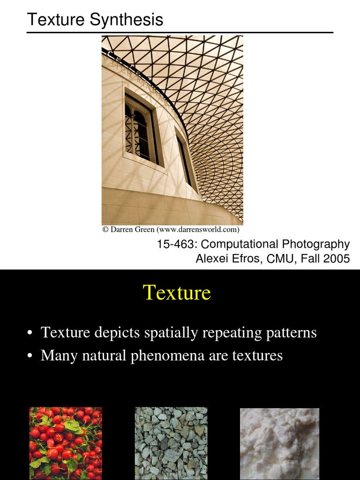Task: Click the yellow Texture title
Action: (177, 292)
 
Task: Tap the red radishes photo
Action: (66, 442)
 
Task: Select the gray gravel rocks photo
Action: (171, 442)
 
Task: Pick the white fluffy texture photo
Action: (279, 442)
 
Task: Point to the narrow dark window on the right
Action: (184, 159)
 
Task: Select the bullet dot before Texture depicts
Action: (30, 333)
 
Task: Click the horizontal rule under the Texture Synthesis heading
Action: (180, 32)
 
